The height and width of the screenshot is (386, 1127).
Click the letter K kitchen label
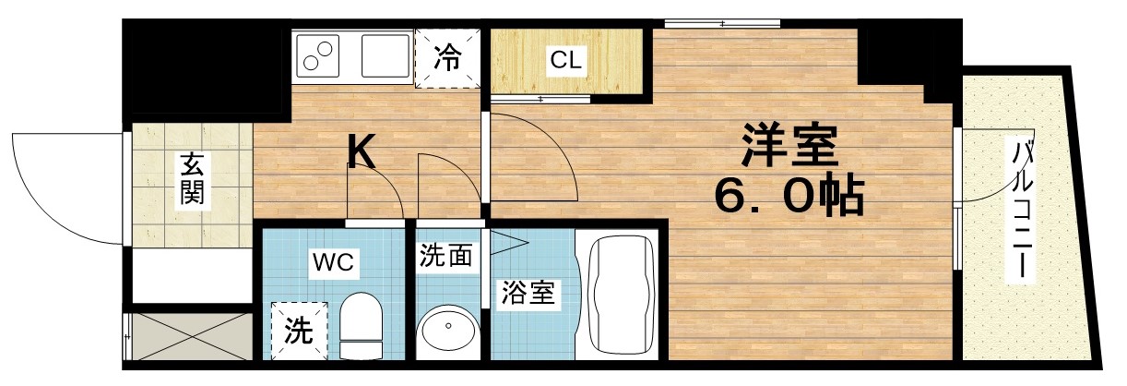tap(362, 152)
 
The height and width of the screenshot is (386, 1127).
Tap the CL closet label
tap(565, 62)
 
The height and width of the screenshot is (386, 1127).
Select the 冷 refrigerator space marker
tap(448, 59)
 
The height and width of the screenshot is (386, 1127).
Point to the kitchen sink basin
tap(385, 55)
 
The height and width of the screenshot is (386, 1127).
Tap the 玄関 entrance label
tap(193, 180)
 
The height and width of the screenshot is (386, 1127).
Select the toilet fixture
tap(361, 324)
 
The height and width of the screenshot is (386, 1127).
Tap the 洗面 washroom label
tap(446, 256)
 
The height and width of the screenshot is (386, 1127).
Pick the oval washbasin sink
tap(446, 330)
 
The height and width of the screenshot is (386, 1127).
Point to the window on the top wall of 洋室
tap(722, 23)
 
